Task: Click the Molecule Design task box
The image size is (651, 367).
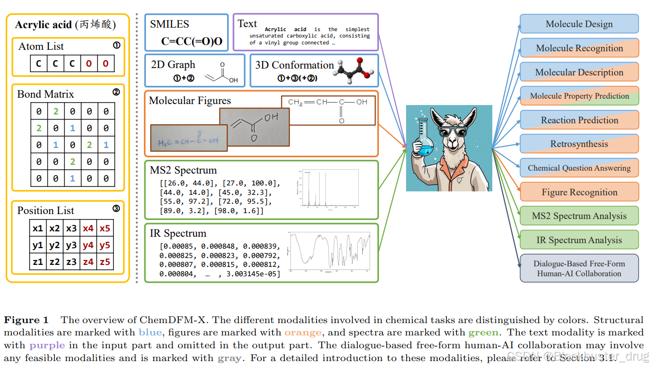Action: click(x=579, y=24)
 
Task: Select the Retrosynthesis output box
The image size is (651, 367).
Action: click(x=579, y=144)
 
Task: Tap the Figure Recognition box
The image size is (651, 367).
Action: click(x=579, y=192)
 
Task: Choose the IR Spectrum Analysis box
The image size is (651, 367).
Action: click(x=579, y=240)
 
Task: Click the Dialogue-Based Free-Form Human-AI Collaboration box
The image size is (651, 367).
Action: click(x=579, y=268)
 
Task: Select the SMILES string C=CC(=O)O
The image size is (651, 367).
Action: click(x=192, y=41)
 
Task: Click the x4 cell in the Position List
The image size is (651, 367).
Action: click(x=88, y=229)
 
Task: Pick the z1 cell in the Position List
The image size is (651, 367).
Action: click(x=38, y=262)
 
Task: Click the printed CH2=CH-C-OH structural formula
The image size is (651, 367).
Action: click(x=328, y=109)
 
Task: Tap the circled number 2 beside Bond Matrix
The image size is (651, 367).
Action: click(x=116, y=92)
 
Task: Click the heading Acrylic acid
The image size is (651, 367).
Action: click(x=43, y=25)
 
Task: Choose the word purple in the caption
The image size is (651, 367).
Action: click(x=47, y=345)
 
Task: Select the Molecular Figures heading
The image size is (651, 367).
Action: click(x=190, y=101)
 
